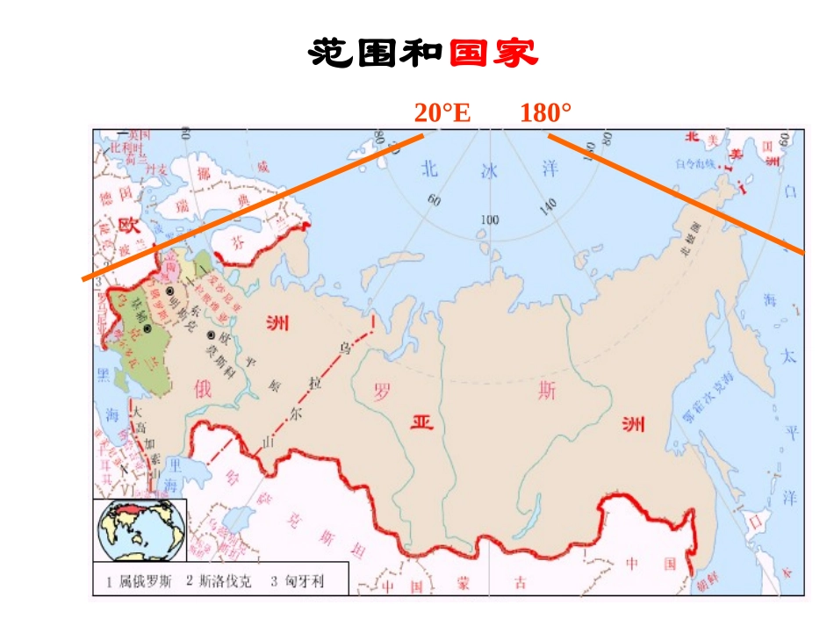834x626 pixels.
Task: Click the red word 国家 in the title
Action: tap(493, 54)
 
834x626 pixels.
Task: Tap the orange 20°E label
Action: tap(442, 113)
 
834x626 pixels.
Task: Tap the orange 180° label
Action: tap(545, 113)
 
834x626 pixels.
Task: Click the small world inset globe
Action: tap(140, 529)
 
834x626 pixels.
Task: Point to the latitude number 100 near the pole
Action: tap(489, 219)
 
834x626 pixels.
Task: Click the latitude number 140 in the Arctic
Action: tap(547, 207)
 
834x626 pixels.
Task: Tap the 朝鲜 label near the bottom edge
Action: tap(701, 586)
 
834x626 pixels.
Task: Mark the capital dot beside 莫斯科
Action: tap(211, 335)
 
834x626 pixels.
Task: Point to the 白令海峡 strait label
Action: tap(692, 163)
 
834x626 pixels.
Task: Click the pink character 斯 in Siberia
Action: tap(547, 392)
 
